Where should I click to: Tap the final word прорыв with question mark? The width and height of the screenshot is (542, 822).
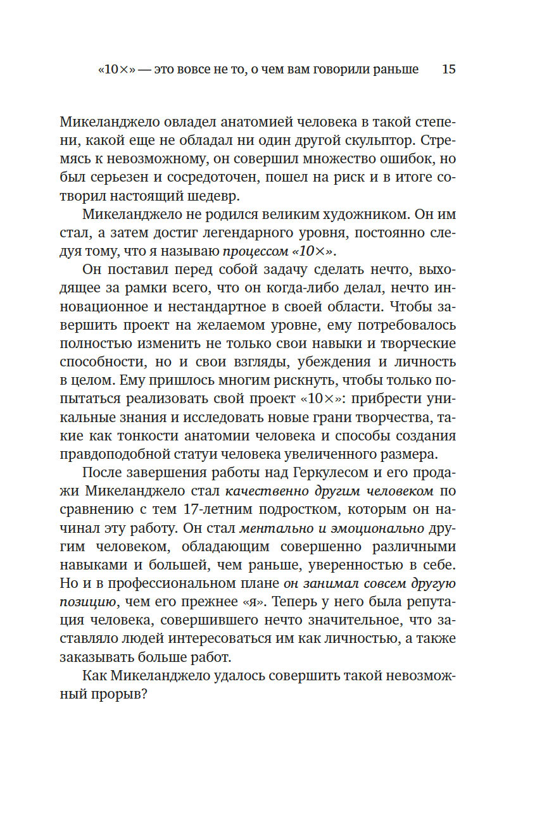118,694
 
